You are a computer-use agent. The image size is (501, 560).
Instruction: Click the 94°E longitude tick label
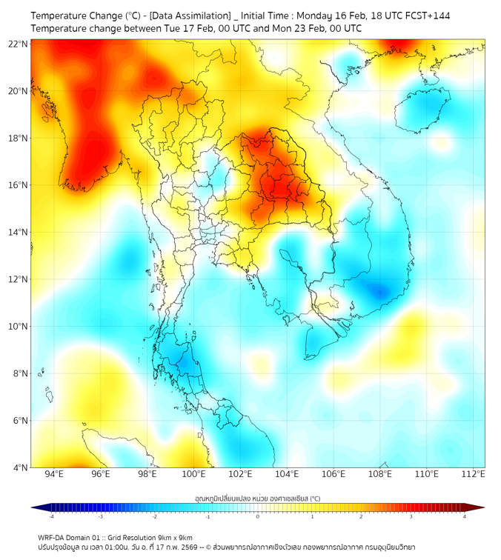[x=54, y=474]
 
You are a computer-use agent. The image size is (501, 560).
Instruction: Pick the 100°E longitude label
[x=194, y=474]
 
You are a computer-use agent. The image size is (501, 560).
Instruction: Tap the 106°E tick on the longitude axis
[x=334, y=474]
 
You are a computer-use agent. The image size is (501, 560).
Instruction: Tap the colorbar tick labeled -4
[x=51, y=516]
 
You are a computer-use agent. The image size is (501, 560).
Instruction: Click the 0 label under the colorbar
[x=258, y=516]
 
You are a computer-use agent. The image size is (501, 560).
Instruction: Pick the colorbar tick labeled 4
[x=465, y=516]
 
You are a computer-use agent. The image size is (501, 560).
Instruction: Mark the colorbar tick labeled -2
[x=154, y=516]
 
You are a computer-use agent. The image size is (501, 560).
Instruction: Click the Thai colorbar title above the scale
[x=257, y=499]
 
